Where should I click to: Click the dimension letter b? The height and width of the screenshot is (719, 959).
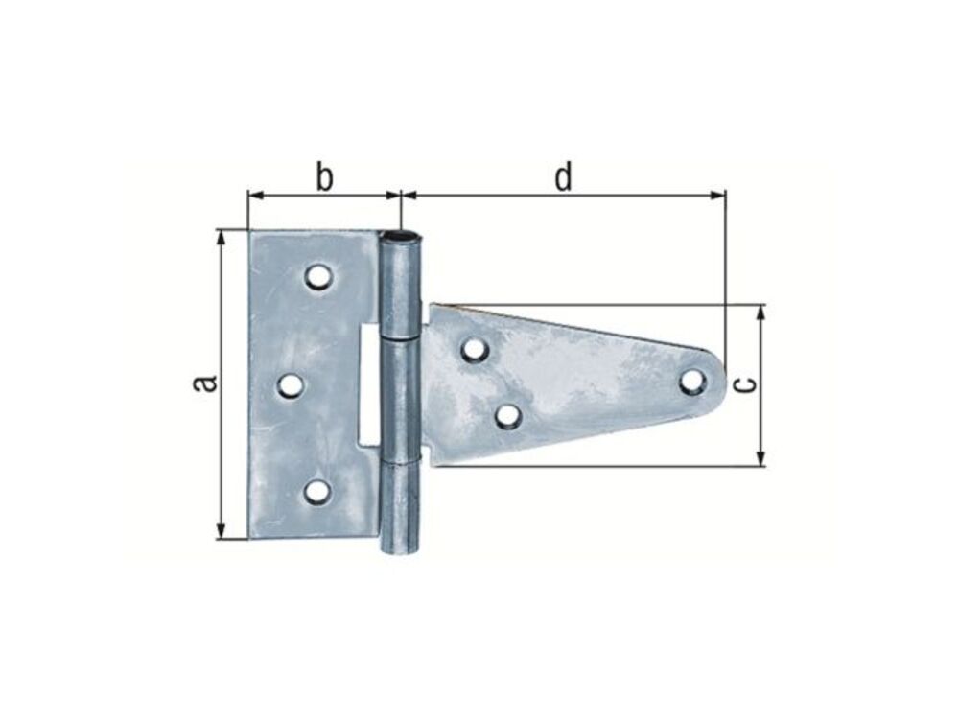325,176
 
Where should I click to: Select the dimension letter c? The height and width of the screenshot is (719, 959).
744,384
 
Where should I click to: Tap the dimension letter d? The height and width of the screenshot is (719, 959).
563,176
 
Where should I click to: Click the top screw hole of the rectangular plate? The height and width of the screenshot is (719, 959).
319,276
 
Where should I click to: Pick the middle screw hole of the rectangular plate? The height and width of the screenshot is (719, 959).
292,385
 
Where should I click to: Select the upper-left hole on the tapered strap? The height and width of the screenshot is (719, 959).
475,350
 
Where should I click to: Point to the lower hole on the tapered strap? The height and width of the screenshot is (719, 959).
507,416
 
